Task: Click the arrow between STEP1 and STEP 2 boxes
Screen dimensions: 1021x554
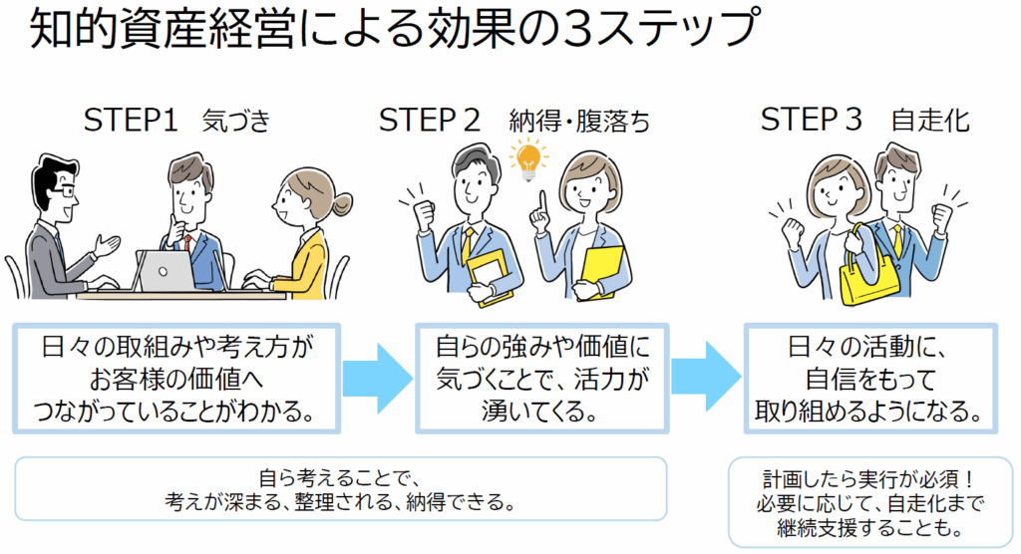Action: point(378,379)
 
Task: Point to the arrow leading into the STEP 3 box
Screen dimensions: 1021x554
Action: point(707,377)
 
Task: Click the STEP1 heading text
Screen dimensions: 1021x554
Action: point(131,121)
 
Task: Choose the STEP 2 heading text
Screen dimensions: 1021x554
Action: point(429,121)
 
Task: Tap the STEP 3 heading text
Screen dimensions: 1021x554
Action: point(811,120)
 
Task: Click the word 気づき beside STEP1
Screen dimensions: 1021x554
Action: point(235,122)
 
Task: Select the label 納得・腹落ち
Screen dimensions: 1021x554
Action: point(579,122)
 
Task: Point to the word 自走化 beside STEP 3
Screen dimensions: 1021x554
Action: point(930,122)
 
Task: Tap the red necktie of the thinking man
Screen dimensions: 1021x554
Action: point(187,243)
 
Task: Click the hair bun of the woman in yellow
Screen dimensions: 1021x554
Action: point(341,203)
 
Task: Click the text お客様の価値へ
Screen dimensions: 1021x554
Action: point(175,379)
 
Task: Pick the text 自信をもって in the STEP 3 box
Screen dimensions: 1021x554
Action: point(870,379)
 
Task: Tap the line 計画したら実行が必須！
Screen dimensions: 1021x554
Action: point(869,480)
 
